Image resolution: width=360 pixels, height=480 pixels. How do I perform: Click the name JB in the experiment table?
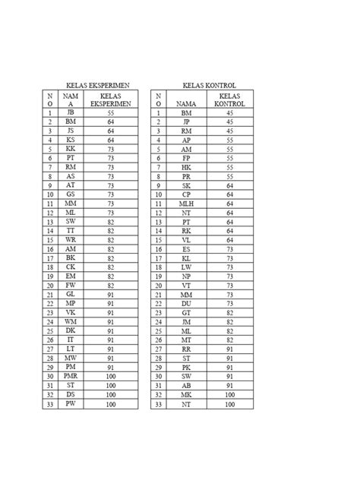tap(71, 112)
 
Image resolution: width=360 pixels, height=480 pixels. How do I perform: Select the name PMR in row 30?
tap(71, 375)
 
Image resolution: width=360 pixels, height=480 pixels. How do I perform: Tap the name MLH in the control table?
tap(186, 203)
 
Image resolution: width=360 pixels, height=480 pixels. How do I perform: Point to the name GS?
tap(71, 194)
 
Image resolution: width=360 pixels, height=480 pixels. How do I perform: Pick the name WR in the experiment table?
tap(71, 239)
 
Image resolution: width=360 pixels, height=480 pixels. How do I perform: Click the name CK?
tap(71, 267)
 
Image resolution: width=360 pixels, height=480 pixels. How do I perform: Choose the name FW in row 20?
tap(71, 285)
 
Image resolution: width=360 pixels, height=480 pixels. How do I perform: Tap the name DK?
tap(71, 330)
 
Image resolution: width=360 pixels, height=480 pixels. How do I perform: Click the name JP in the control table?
tap(186, 121)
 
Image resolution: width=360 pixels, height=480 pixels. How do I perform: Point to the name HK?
tap(186, 166)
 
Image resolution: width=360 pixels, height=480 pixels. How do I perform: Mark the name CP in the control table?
tap(186, 194)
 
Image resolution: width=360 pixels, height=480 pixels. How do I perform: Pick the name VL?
tap(186, 239)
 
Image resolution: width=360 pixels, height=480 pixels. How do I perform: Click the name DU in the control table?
tap(186, 303)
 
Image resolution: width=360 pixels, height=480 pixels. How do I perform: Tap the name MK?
tap(186, 394)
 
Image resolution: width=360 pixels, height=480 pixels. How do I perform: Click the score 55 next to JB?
tap(111, 112)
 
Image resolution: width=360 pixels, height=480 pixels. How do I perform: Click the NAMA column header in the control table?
tap(186, 103)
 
